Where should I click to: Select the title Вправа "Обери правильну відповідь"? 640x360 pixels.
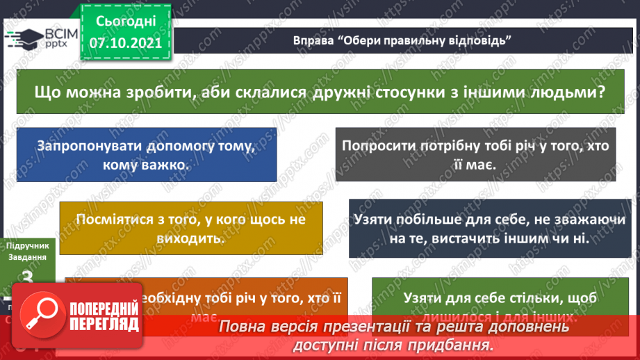(x=402, y=40)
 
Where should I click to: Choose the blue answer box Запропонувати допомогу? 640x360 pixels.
(x=145, y=155)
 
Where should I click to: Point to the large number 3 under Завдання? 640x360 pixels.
(x=28, y=279)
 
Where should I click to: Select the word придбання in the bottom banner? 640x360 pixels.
(x=457, y=345)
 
